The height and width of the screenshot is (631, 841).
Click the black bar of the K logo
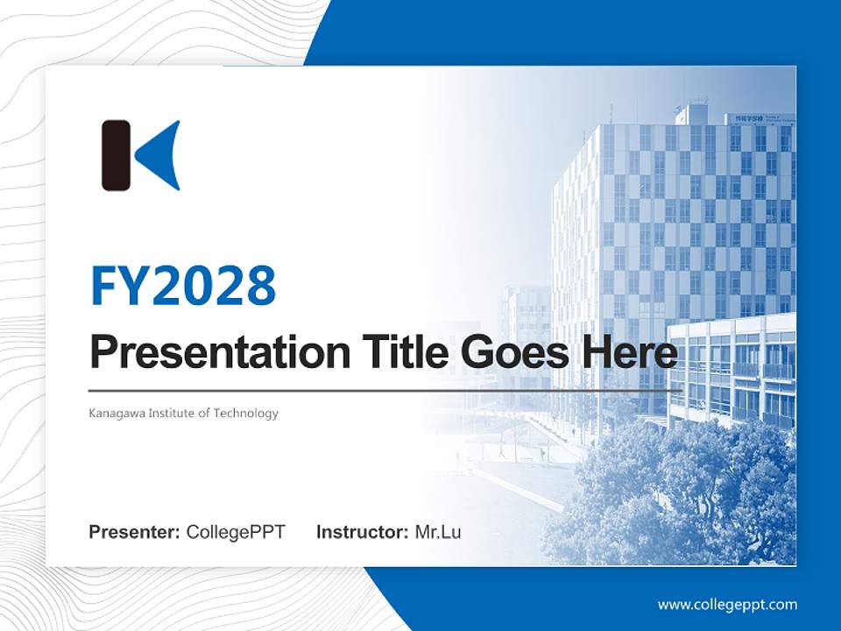tap(116, 155)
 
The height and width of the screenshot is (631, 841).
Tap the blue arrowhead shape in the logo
tap(164, 155)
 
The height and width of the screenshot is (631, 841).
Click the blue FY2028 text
tap(183, 285)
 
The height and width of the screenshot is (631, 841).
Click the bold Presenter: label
tap(135, 532)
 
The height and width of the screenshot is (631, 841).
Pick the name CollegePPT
tap(236, 532)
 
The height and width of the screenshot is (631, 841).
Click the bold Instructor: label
tap(362, 532)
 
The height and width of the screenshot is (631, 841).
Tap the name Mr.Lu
tap(438, 532)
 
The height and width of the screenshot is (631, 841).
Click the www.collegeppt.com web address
tap(727, 604)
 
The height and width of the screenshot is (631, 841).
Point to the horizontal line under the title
tap(385, 390)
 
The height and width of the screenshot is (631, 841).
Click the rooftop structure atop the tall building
tap(691, 114)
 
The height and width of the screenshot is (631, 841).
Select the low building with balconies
tap(731, 368)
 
